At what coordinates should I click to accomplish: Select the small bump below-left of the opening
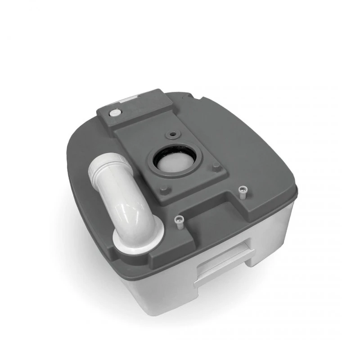[x=164, y=189]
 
